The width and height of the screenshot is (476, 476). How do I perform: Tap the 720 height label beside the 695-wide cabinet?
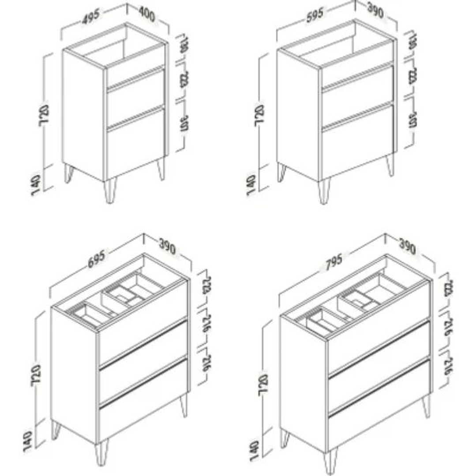[37, 374]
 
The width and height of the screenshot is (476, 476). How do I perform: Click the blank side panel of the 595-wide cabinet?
[298, 115]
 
